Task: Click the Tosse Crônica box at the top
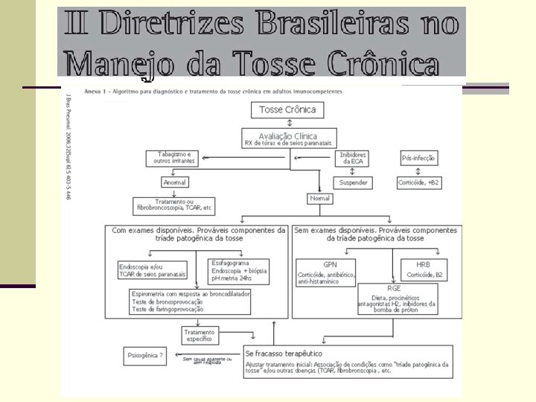click(287, 110)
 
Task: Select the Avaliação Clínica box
click(287, 138)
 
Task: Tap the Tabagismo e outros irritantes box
click(175, 159)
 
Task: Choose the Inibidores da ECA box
click(354, 159)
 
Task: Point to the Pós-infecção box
click(419, 159)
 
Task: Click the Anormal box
click(176, 182)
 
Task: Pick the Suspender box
click(354, 182)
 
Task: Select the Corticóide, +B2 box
click(420, 182)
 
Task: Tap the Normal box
click(319, 199)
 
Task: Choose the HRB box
click(423, 269)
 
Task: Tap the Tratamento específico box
click(199, 335)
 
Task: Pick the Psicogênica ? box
click(144, 356)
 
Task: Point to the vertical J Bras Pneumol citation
click(67, 144)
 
